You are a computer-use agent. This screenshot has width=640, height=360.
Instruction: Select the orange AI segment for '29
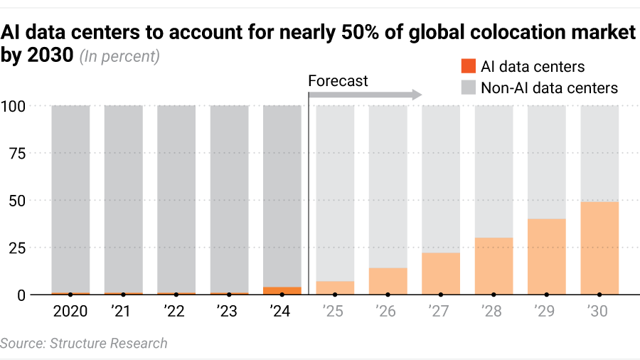(547, 256)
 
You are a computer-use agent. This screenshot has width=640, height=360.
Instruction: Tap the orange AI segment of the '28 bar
(494, 265)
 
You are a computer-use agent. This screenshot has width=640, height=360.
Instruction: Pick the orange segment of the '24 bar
(282, 290)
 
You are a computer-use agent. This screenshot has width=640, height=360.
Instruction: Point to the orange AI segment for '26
(388, 280)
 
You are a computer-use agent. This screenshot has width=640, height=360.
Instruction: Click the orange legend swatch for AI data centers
(467, 67)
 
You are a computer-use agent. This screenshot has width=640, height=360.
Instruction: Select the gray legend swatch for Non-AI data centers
(467, 88)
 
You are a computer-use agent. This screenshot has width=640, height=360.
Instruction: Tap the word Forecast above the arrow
(338, 81)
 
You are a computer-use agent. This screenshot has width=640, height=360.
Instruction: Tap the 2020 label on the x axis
(70, 312)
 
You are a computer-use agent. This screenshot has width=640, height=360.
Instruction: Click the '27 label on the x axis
(440, 312)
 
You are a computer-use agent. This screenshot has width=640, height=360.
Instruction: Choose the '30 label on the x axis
(599, 312)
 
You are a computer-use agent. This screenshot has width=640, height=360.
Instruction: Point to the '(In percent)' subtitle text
(119, 56)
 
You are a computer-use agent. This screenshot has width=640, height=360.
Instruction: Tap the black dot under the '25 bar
(335, 294)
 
